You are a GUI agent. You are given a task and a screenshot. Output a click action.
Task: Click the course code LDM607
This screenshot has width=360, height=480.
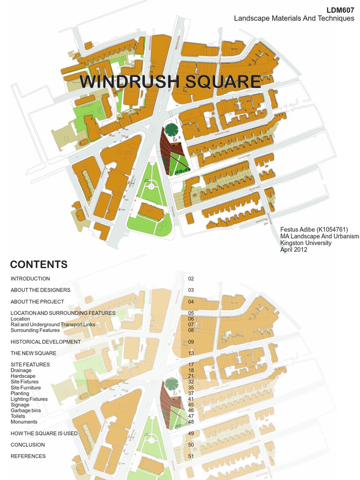click(341, 10)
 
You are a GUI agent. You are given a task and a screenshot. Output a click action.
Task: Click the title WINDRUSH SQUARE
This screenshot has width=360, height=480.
click(170, 82)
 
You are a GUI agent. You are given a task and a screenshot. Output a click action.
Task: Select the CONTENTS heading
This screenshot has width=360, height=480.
click(39, 264)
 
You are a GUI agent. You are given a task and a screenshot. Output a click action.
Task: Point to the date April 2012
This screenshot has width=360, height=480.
click(294, 250)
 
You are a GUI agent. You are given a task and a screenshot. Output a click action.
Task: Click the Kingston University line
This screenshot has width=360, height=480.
click(306, 243)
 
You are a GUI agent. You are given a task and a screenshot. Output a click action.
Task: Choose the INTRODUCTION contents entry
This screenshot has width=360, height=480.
click(30, 278)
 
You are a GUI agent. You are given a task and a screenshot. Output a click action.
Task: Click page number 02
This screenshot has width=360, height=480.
click(191, 278)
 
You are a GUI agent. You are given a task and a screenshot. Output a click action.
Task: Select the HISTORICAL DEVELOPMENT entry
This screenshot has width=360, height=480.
click(45, 342)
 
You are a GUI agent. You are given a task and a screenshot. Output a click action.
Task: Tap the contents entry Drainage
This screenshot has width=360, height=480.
click(21, 370)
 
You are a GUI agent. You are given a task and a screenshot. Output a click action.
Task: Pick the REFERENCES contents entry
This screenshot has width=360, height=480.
click(28, 456)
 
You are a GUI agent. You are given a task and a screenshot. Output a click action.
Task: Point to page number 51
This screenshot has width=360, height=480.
click(191, 456)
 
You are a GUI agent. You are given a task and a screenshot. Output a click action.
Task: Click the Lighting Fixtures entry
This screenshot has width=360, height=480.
click(29, 399)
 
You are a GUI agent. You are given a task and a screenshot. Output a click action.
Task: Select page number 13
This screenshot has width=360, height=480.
click(191, 353)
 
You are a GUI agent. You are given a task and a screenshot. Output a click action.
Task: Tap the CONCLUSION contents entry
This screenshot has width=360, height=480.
click(28, 445)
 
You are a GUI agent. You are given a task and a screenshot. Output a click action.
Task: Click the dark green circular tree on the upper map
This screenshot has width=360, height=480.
click(172, 129)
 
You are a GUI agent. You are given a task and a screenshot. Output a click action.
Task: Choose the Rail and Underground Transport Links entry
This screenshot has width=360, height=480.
click(52, 324)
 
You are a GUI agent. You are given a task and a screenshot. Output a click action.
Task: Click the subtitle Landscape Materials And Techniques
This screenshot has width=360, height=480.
click(294, 18)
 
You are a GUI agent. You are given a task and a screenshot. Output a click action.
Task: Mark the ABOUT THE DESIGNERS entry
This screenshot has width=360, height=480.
click(40, 290)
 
